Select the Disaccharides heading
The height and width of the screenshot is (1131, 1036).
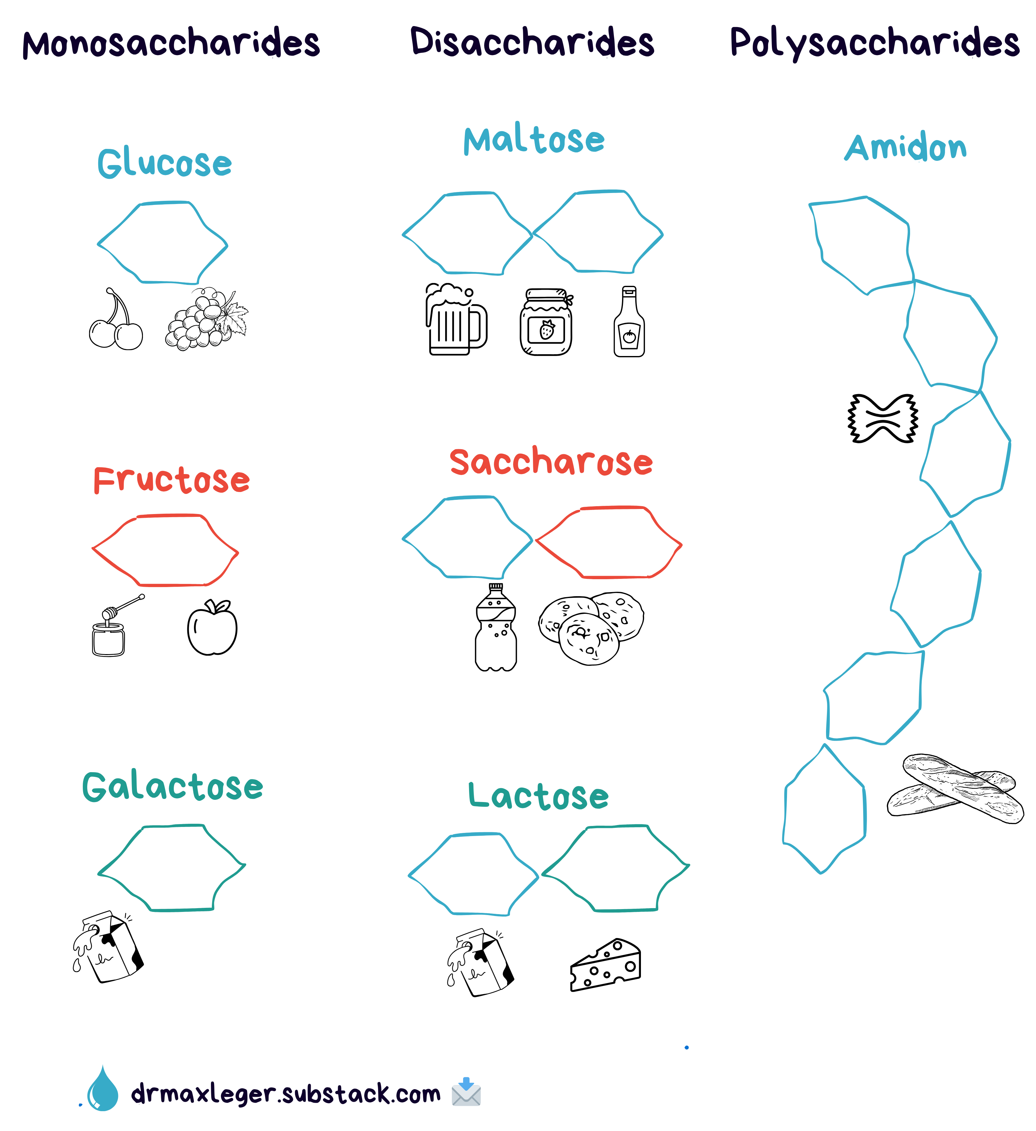(x=532, y=42)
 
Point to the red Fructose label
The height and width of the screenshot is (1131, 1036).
(x=172, y=480)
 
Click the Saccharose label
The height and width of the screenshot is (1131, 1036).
(x=551, y=462)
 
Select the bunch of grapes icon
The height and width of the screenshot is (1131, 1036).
(x=206, y=320)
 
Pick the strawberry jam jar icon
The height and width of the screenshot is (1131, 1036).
(x=546, y=323)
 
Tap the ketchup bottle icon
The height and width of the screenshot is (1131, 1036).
(x=629, y=323)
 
